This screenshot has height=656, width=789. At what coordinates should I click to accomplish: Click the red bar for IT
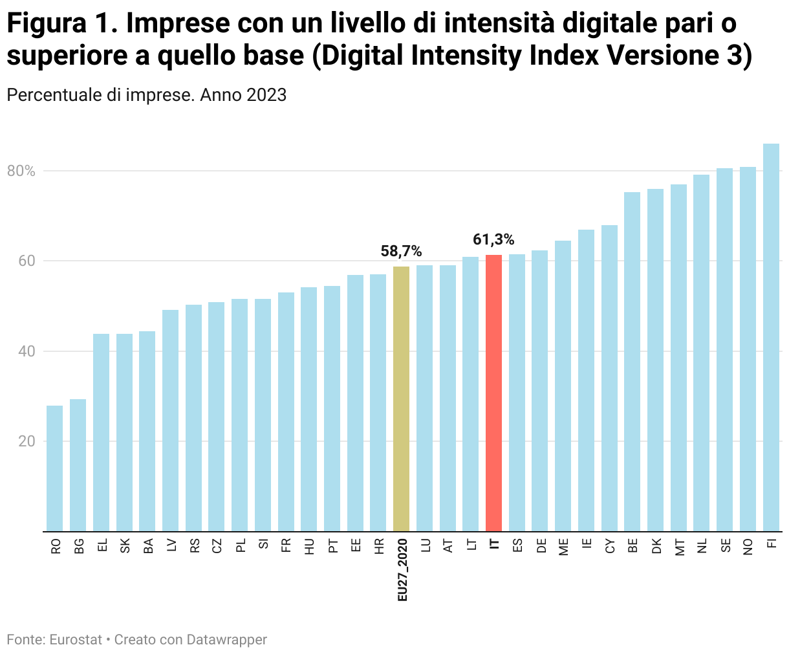point(493,393)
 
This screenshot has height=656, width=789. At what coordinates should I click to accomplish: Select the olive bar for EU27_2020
point(401,399)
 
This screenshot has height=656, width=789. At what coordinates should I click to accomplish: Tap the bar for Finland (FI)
point(771,337)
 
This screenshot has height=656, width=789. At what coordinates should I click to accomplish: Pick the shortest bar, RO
point(55,468)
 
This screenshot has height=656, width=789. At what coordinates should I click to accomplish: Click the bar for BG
point(78,465)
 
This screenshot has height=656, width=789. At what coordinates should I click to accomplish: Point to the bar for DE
point(540,391)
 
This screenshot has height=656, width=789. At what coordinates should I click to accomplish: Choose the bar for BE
point(632,362)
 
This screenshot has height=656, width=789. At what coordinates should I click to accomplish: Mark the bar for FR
point(286,411)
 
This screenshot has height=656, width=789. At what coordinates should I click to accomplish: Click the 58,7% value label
point(401,251)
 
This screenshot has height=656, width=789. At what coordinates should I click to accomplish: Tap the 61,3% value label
point(493,240)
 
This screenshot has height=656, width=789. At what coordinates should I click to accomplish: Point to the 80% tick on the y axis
point(21,171)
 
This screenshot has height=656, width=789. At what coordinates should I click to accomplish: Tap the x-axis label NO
point(748,547)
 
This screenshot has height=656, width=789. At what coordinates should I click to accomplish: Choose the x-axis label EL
point(102,546)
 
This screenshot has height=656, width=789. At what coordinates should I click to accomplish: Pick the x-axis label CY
point(610,547)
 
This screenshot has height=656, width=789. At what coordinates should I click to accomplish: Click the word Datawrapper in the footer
point(226,640)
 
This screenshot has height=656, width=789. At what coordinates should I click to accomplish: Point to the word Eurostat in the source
point(76,640)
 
